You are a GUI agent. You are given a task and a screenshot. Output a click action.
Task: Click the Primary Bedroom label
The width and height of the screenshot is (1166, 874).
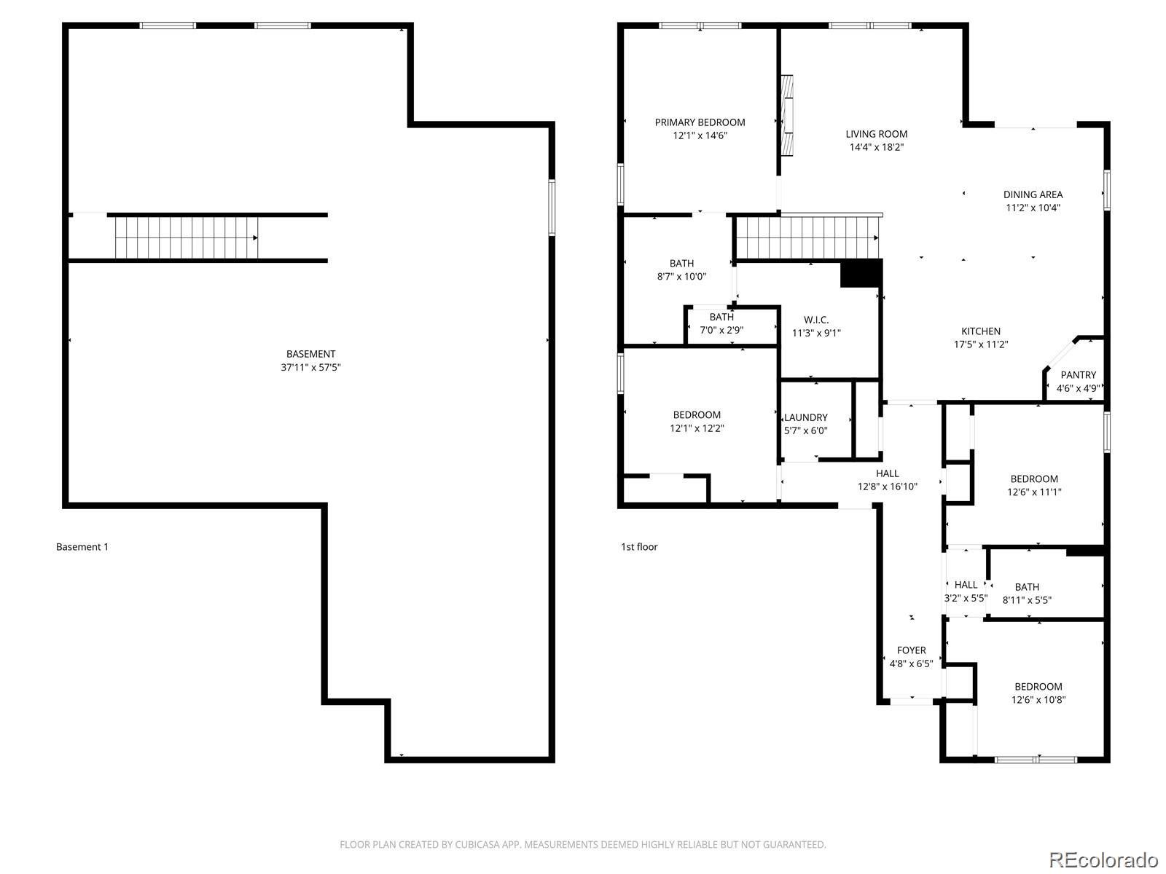click(700, 122)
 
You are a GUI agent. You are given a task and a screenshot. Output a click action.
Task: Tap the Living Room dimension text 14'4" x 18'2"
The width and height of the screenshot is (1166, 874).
click(877, 147)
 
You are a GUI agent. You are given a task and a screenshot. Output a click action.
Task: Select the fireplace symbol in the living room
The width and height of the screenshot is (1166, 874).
click(787, 115)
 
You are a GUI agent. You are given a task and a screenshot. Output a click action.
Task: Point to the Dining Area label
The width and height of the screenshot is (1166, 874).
click(1033, 194)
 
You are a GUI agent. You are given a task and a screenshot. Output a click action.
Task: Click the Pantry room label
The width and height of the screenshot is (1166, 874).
click(1078, 375)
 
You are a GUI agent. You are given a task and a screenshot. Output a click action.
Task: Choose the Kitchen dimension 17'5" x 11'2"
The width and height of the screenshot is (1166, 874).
click(981, 345)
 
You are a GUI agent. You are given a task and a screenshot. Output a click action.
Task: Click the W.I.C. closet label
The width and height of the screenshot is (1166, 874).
click(816, 320)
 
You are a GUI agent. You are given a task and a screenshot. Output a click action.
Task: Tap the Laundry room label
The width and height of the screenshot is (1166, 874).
click(806, 417)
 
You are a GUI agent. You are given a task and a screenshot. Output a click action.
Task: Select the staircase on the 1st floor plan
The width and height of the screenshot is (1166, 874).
click(805, 237)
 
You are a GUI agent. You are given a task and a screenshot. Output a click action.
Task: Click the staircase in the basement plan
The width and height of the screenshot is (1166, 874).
click(186, 237)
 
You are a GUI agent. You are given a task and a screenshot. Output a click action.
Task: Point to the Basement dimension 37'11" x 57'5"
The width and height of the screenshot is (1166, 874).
click(311, 367)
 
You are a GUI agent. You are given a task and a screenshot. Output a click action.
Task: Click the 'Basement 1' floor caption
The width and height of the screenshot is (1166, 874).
click(82, 547)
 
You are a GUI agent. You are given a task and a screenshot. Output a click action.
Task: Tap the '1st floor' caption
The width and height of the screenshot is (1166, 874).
click(639, 547)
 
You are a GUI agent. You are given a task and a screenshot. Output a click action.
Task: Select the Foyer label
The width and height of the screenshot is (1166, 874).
click(911, 650)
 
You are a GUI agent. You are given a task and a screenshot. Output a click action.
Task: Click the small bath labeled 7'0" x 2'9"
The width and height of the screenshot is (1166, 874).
click(721, 323)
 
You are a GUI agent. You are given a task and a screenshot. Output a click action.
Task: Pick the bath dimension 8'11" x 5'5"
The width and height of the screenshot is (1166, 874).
click(1027, 600)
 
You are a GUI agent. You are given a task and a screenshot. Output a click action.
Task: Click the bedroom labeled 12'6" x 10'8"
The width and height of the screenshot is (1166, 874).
click(1038, 693)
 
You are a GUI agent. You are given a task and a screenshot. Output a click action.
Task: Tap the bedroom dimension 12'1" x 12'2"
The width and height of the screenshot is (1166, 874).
click(697, 428)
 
